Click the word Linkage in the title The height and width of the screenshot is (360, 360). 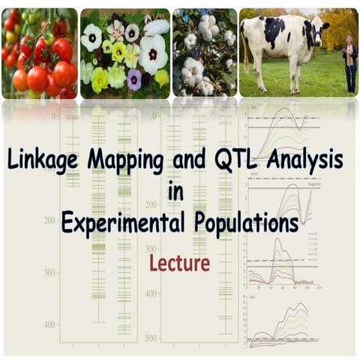point(46,161)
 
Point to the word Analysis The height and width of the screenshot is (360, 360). point(307,161)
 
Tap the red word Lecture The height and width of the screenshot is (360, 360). point(179,262)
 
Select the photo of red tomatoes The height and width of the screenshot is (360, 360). point(39,52)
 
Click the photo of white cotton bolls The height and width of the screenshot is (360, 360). point(205,52)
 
